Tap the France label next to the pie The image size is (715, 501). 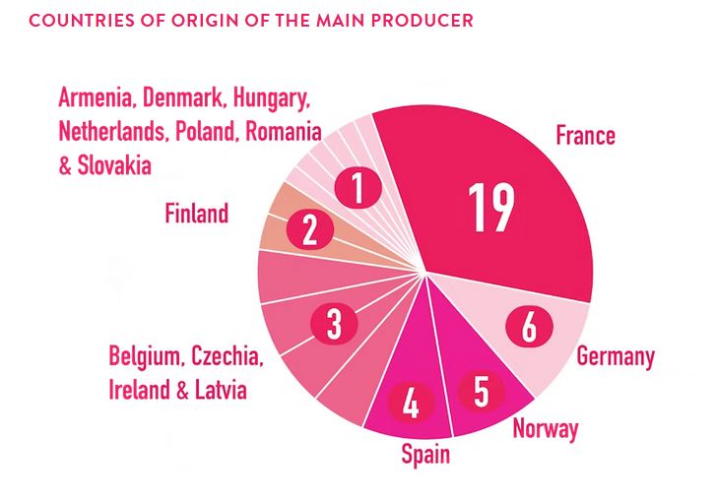pos(585,135)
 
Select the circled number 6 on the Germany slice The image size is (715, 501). pos(529,326)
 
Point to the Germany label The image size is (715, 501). pos(616,355)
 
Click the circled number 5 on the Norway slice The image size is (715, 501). pos(481,390)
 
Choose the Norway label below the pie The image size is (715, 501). pos(546,428)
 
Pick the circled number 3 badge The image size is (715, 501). pos(334,323)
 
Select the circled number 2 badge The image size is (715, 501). pos(309,230)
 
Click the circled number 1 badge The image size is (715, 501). pos(357,186)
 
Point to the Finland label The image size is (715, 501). pos(196,212)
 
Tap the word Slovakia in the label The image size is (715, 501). pos(114,164)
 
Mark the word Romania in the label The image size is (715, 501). pos(283,131)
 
